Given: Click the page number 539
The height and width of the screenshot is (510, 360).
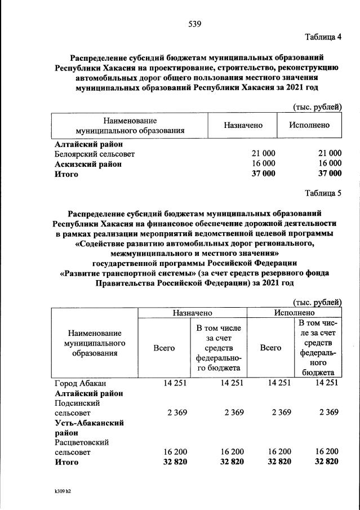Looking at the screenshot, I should pos(195,24).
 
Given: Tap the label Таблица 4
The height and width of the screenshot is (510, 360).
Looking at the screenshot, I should pos(323,37).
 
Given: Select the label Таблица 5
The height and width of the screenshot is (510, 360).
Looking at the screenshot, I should pos(323,194).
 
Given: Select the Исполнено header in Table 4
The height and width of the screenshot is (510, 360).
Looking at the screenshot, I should pos(309,125).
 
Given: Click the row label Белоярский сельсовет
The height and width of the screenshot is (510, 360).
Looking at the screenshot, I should pos(95,154).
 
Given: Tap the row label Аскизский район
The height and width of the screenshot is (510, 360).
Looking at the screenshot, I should pos(88,164).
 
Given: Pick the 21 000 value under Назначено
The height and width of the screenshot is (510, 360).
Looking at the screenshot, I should pos(263,154).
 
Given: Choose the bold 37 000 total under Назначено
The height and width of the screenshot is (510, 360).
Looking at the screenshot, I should pos(263,174).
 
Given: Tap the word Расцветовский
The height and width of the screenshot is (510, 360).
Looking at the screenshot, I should pos(82,442).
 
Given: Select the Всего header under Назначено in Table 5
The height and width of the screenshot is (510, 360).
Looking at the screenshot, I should pos(164,348).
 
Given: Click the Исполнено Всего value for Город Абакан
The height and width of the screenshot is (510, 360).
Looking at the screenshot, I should pos(277,383).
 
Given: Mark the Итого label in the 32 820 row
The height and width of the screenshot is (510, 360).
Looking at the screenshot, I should pos(66,463).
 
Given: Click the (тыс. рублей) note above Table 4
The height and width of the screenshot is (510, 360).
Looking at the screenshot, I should pos(317,107).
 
